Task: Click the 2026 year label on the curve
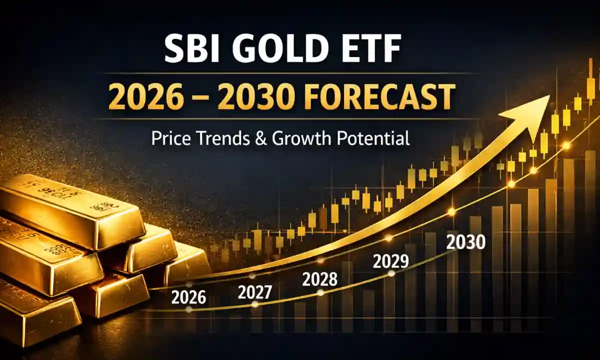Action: pyautogui.click(x=188, y=297)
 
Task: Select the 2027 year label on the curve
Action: pyautogui.click(x=255, y=291)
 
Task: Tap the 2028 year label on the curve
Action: pyautogui.click(x=320, y=279)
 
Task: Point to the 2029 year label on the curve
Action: pyautogui.click(x=391, y=260)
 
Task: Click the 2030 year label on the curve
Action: pyautogui.click(x=465, y=242)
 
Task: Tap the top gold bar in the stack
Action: pyautogui.click(x=70, y=210)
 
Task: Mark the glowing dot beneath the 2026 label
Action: pyautogui.click(x=188, y=309)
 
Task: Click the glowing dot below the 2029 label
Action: pyautogui.click(x=391, y=273)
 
